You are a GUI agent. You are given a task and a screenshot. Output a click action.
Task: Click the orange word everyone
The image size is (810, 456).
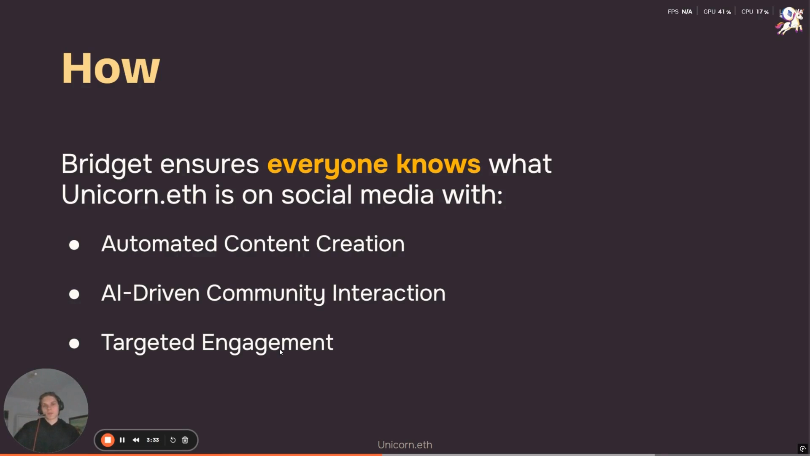tap(327, 165)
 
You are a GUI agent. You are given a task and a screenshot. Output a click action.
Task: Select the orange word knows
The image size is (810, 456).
tap(438, 163)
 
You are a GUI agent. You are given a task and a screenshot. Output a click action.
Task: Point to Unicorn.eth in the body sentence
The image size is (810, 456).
tap(134, 195)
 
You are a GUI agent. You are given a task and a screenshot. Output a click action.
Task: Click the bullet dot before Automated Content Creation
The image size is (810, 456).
tap(74, 245)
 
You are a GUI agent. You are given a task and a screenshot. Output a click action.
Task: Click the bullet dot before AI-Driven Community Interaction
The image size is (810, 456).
tap(74, 294)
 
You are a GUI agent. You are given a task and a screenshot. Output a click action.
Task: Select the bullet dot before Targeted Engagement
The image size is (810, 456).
tap(74, 344)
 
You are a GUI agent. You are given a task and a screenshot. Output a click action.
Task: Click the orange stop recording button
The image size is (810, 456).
tap(108, 440)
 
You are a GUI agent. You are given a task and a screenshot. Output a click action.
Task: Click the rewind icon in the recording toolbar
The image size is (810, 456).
tap(136, 440)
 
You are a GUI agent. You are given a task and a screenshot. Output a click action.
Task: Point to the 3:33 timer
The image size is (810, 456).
tap(153, 440)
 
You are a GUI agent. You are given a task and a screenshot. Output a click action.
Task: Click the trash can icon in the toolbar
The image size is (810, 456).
tap(185, 440)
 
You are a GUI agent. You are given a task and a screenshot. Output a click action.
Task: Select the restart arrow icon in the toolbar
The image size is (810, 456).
tap(173, 440)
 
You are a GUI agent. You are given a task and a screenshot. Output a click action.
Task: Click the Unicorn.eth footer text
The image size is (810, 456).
tap(405, 445)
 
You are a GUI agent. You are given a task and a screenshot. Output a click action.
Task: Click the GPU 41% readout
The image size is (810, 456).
tap(717, 12)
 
